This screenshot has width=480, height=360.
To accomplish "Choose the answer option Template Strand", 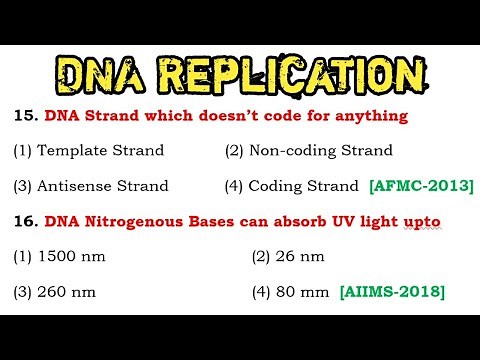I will click(x=86, y=151).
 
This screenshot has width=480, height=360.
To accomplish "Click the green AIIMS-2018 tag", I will click(x=392, y=292).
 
